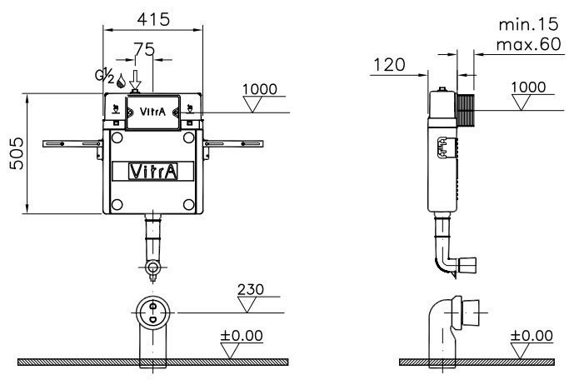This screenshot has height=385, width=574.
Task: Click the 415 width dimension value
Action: click(x=153, y=19)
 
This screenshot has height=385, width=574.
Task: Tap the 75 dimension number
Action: click(x=144, y=49)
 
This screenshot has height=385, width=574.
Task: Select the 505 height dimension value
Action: click(x=17, y=153)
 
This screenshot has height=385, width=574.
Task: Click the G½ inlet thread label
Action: click(x=105, y=76)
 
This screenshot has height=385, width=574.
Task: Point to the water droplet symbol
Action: click(x=121, y=81)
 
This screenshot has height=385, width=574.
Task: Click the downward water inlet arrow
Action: click(x=136, y=79)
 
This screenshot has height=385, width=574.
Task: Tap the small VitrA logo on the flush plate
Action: click(x=152, y=112)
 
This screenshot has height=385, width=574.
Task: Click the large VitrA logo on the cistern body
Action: click(x=153, y=172)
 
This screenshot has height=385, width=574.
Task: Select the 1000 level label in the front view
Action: click(x=260, y=89)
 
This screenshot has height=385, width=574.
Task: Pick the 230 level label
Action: click(x=251, y=289)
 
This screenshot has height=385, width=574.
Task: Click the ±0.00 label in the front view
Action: click(x=242, y=335)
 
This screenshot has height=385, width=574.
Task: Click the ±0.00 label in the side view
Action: click(x=532, y=335)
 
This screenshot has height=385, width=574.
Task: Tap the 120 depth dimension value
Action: click(x=389, y=65)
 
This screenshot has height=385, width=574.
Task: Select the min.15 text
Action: click(x=529, y=24)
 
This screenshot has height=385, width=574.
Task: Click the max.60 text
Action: click(x=529, y=44)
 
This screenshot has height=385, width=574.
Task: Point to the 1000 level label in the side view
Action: click(x=528, y=87)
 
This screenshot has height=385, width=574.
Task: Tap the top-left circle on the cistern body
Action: click(x=117, y=138)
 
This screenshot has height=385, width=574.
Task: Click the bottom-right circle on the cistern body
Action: click(x=188, y=204)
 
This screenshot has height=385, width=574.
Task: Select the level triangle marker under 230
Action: click(x=247, y=304)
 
